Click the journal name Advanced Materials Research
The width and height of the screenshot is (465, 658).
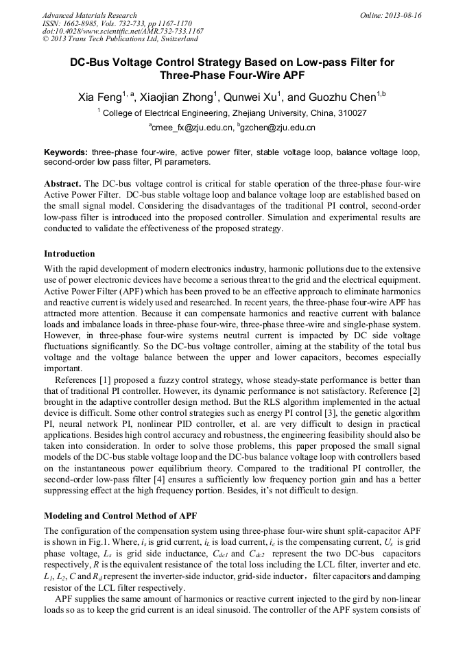point(89,15)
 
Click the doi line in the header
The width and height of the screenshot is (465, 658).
point(123,31)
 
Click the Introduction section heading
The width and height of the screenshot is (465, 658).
point(69,254)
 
